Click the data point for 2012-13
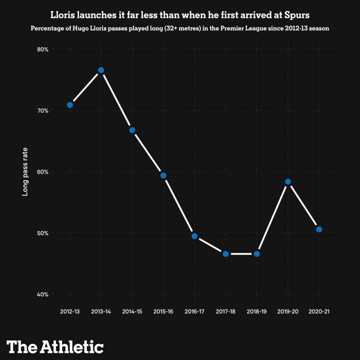70,105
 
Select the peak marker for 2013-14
101,70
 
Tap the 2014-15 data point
132,130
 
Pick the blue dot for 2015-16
163,175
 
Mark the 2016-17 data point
194,236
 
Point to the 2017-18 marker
225,254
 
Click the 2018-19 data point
256,254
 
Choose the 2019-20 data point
288,181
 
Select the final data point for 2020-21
319,229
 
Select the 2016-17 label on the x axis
194,311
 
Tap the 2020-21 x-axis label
319,311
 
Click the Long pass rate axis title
24,171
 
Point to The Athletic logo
55,346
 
